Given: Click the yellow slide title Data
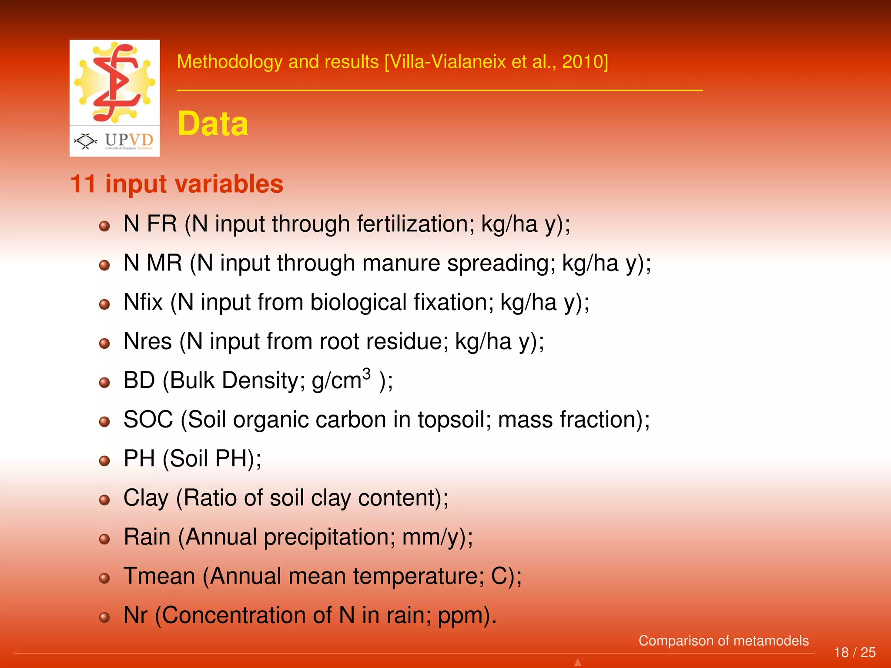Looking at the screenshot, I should click(x=213, y=124).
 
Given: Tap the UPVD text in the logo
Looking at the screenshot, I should click(x=129, y=140).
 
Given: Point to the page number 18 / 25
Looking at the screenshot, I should click(x=854, y=652).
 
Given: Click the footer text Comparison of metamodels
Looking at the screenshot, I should click(x=724, y=641).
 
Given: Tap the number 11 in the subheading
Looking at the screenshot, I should click(x=83, y=184).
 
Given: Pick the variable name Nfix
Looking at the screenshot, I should click(x=143, y=302).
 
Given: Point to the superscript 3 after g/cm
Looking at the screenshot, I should click(x=366, y=374).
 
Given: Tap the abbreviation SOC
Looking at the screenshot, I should click(x=148, y=420).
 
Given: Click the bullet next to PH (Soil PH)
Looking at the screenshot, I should click(x=104, y=461).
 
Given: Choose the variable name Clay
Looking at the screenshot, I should click(x=146, y=498).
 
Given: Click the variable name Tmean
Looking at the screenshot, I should click(x=159, y=576).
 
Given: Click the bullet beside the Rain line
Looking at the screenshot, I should click(x=104, y=539).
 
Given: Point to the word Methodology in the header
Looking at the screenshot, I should click(x=230, y=62).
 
